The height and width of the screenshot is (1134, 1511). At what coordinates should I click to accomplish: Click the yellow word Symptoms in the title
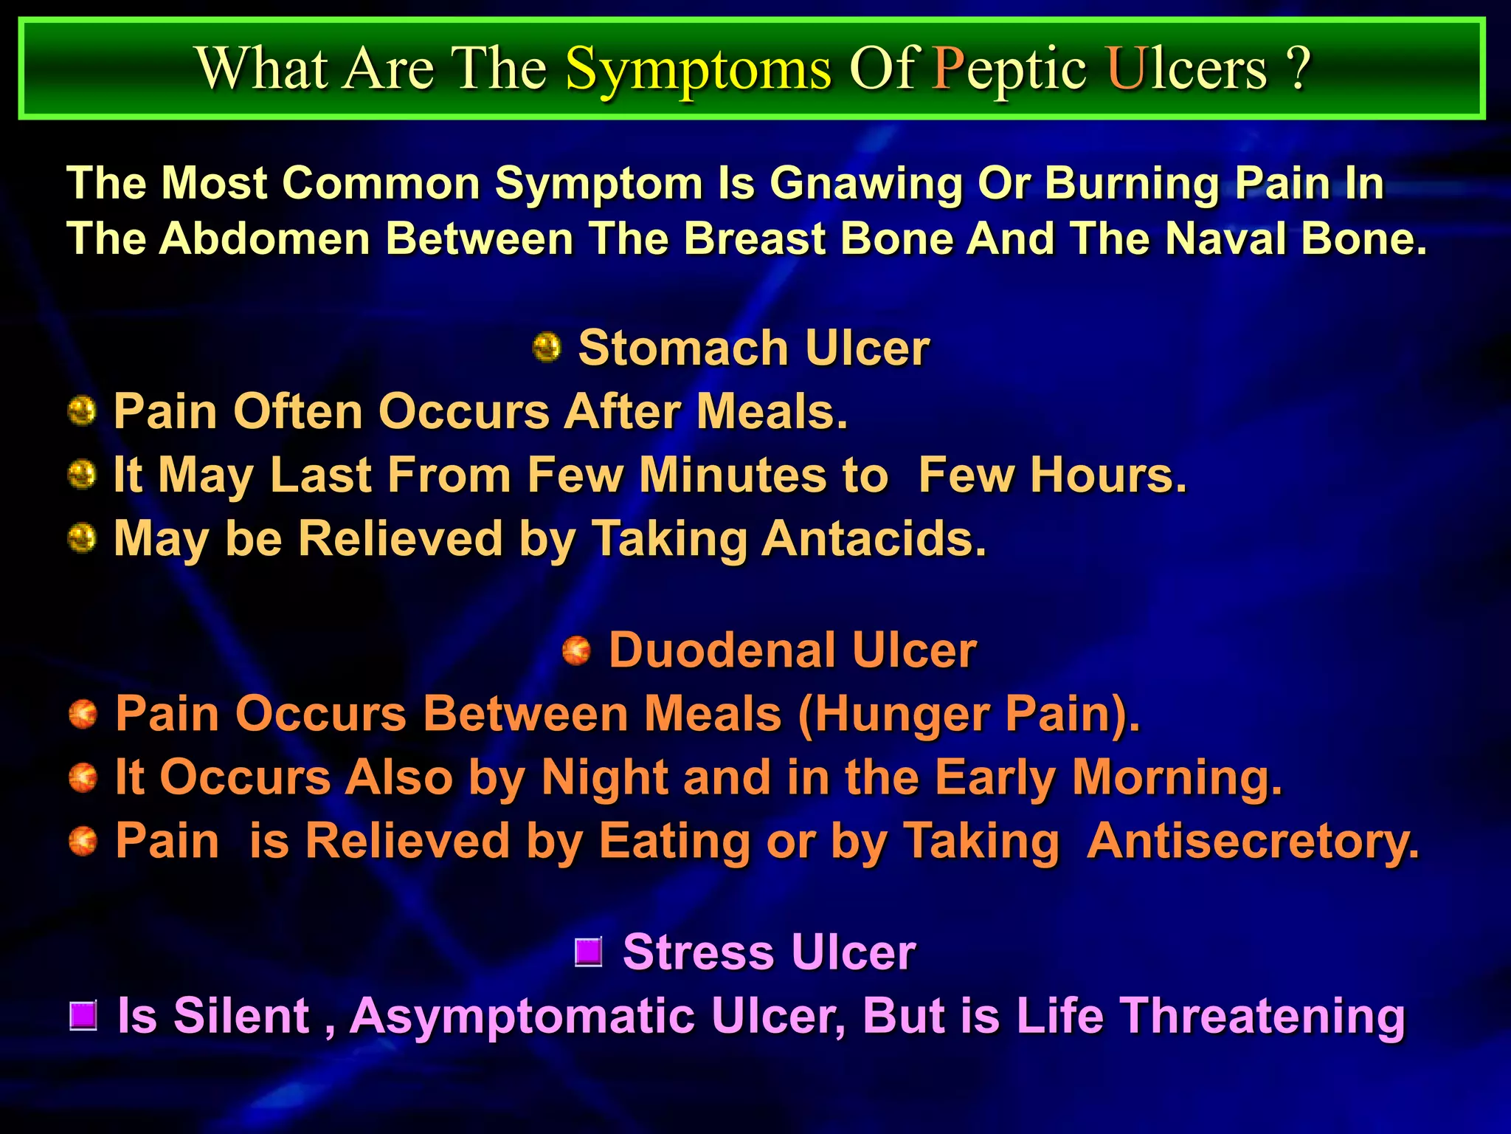click(698, 69)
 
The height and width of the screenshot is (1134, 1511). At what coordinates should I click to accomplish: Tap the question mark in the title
click(1299, 68)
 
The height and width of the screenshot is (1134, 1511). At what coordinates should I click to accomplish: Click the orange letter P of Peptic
click(947, 68)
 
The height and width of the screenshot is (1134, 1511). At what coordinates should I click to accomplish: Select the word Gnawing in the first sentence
click(865, 183)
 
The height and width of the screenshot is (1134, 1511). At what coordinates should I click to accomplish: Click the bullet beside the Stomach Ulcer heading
click(547, 347)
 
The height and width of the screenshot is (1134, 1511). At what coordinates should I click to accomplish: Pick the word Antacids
click(874, 538)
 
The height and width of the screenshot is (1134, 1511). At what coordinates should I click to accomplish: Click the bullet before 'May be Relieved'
click(82, 537)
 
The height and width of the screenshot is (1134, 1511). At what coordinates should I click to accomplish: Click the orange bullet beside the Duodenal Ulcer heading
click(577, 650)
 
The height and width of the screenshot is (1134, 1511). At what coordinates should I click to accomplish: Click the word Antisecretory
click(1252, 842)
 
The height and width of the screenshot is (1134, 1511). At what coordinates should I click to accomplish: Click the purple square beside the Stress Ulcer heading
click(589, 952)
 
